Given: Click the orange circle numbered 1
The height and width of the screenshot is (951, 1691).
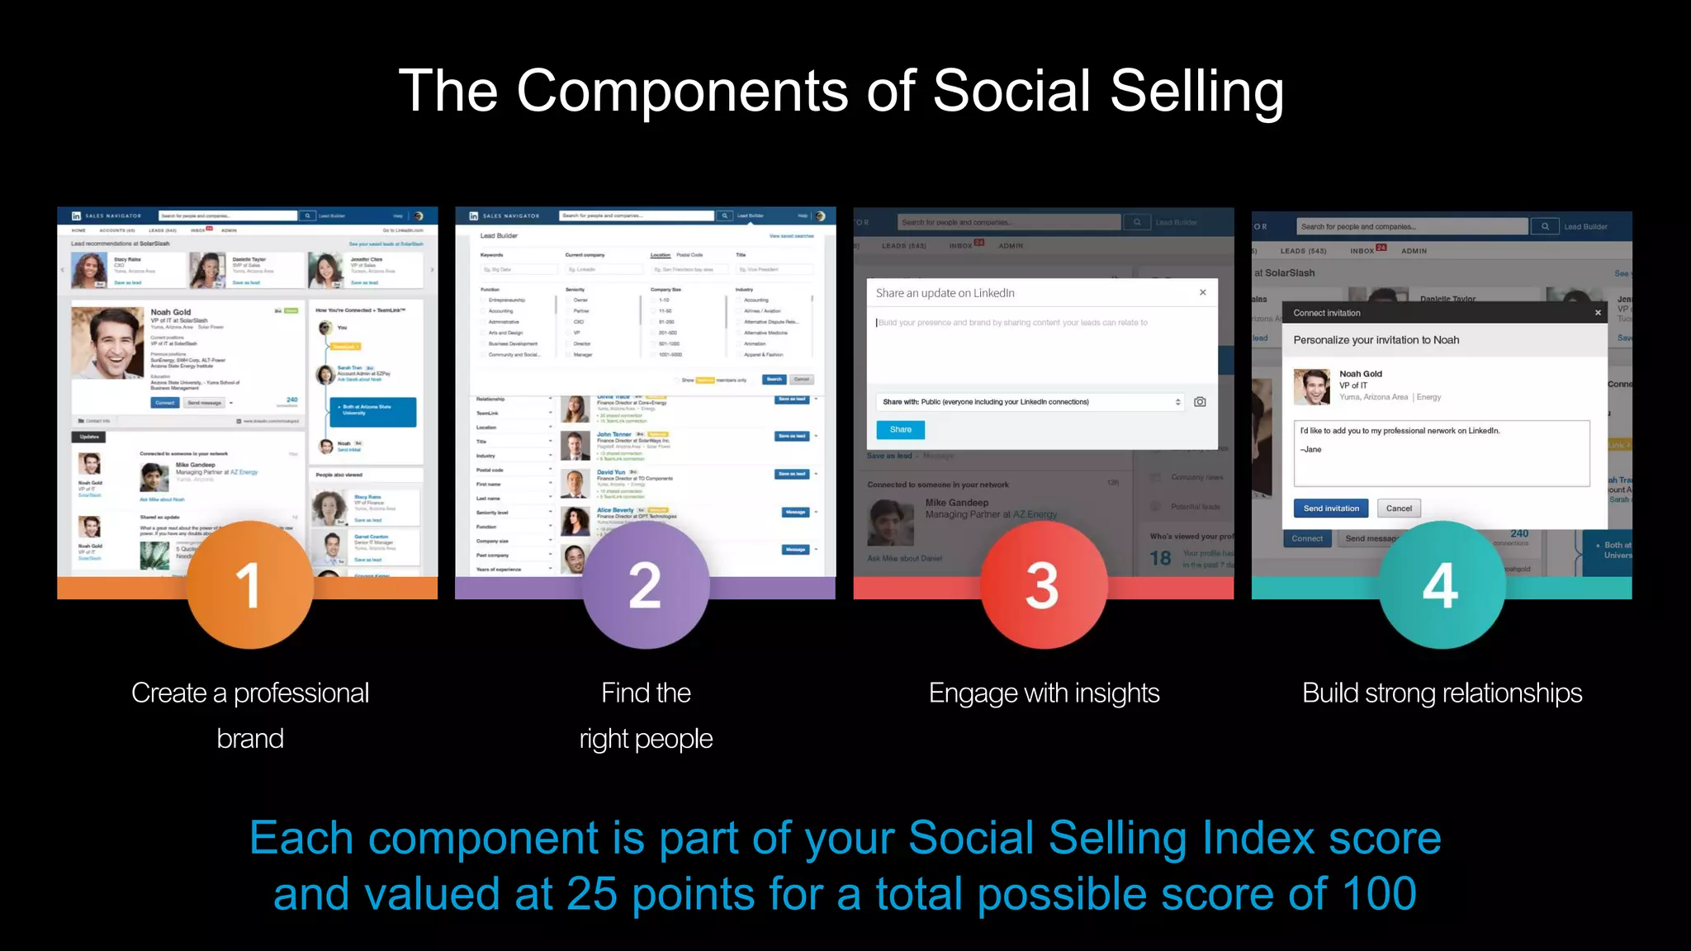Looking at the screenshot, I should pyautogui.click(x=249, y=585).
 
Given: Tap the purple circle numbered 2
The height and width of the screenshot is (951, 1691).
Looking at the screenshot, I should pyautogui.click(x=646, y=585).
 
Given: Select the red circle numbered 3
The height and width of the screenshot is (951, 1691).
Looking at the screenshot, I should pyautogui.click(x=1044, y=585).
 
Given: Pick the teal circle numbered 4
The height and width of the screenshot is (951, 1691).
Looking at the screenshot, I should pyautogui.click(x=1442, y=585).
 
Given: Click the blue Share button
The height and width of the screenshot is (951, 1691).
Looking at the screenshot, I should pyautogui.click(x=900, y=429).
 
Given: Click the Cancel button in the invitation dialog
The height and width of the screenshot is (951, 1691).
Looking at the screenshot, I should pyautogui.click(x=1399, y=509).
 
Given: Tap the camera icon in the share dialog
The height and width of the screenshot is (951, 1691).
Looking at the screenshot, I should pyautogui.click(x=1200, y=402).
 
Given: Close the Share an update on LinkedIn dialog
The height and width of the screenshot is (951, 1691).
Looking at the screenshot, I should pyautogui.click(x=1203, y=292).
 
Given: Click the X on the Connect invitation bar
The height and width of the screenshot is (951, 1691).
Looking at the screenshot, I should pyautogui.click(x=1598, y=313).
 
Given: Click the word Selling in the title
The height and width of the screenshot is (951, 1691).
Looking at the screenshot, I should pyautogui.click(x=1196, y=91).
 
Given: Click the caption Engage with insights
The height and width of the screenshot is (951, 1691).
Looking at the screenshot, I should pyautogui.click(x=1044, y=693).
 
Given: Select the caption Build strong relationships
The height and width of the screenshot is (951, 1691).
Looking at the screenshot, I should pyautogui.click(x=1442, y=693).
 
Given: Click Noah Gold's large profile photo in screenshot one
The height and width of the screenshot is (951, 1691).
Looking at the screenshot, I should pyautogui.click(x=108, y=343).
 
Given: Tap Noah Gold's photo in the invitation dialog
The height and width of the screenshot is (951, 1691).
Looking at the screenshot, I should pyautogui.click(x=1312, y=386).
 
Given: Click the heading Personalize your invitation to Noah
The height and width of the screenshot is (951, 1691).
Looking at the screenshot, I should pyautogui.click(x=1376, y=340).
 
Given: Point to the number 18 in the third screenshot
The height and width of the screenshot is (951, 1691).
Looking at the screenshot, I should pyautogui.click(x=1160, y=559).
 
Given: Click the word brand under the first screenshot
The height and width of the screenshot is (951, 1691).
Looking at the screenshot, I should pyautogui.click(x=250, y=739).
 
